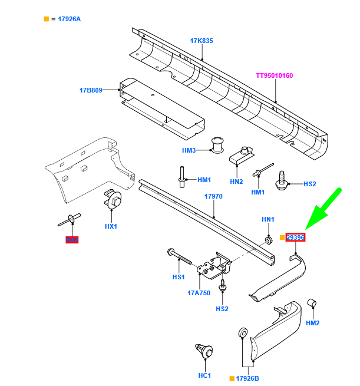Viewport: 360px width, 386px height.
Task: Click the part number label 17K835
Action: (201, 41)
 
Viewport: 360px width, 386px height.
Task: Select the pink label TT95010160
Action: (274, 75)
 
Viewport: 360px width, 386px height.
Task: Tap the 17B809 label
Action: (91, 90)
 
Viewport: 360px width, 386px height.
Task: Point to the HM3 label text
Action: (189, 151)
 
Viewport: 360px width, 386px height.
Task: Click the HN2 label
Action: (236, 182)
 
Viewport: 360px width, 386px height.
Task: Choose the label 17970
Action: (213, 196)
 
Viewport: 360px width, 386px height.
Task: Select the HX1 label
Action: (111, 226)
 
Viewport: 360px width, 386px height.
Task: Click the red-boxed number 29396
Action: (295, 237)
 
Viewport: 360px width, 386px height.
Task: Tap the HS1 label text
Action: (178, 277)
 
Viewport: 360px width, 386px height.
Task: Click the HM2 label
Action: (313, 323)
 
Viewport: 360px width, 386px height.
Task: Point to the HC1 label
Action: (204, 376)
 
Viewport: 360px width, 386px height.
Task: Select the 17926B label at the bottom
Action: (247, 378)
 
